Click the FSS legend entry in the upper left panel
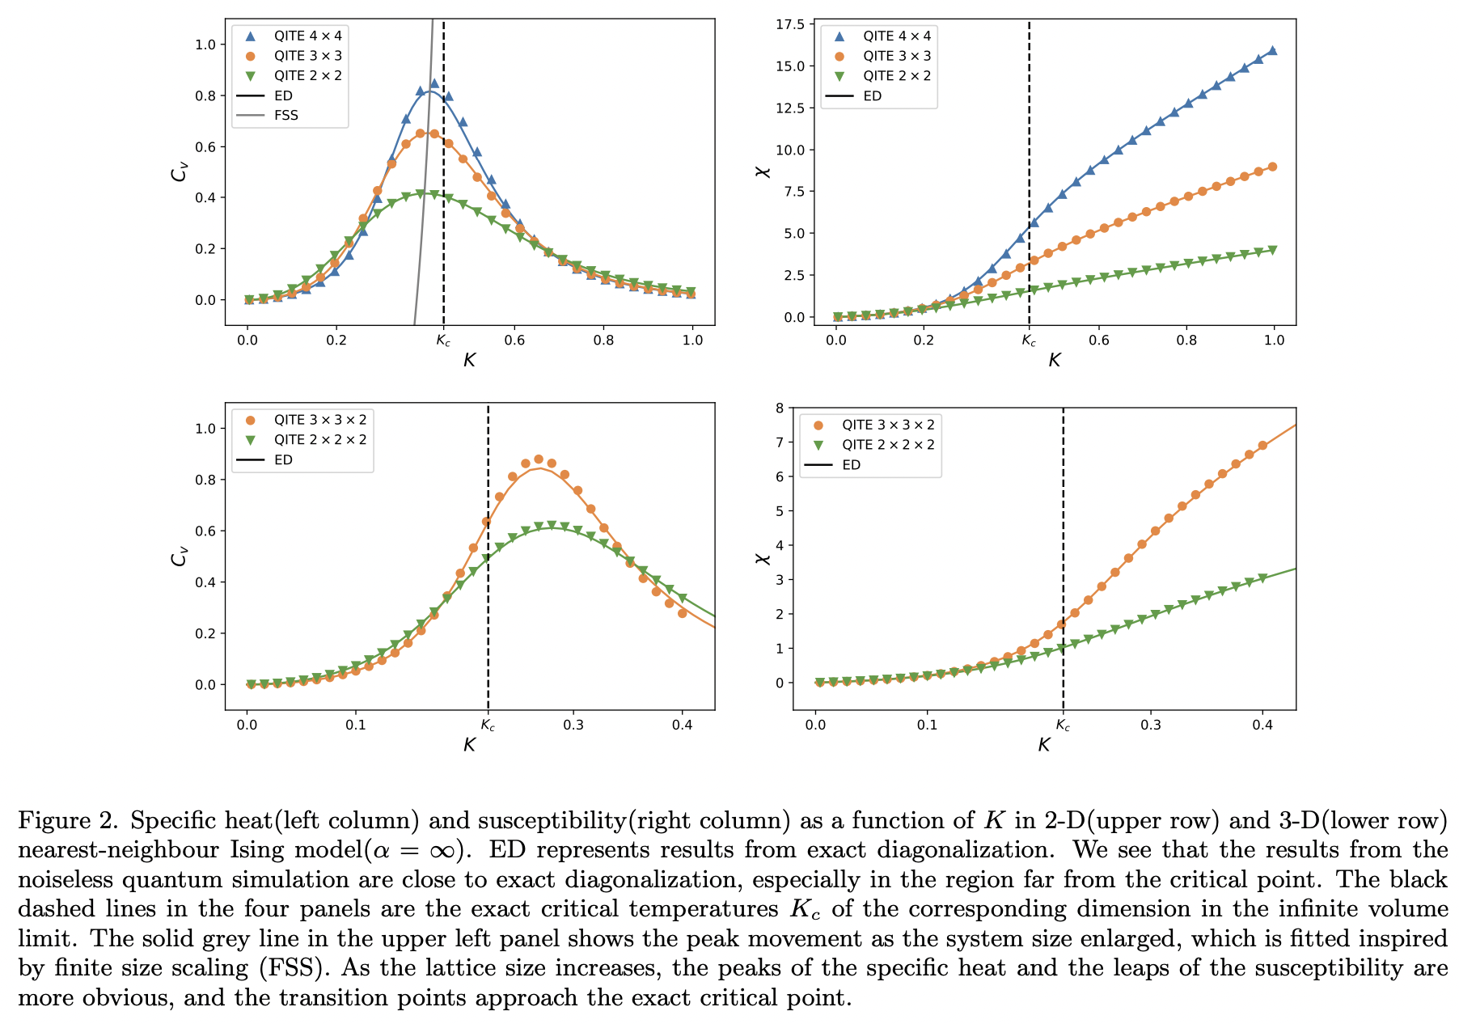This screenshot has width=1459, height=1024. pyautogui.click(x=285, y=116)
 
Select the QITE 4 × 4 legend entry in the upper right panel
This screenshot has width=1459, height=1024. pyautogui.click(x=896, y=36)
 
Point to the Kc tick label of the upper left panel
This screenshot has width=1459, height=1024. pyautogui.click(x=443, y=341)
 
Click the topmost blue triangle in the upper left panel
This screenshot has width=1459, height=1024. pyautogui.click(x=434, y=83)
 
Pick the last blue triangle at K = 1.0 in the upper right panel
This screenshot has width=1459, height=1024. pyautogui.click(x=1272, y=50)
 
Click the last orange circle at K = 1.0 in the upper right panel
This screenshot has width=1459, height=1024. pyautogui.click(x=1272, y=167)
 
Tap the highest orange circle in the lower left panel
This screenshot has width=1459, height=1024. pyautogui.click(x=539, y=459)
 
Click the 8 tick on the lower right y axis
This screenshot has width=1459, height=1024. pyautogui.click(x=780, y=408)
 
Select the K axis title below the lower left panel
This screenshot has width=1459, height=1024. pyautogui.click(x=469, y=745)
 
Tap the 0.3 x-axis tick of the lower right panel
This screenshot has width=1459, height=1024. pyautogui.click(x=1150, y=725)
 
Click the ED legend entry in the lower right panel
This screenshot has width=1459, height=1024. pyautogui.click(x=851, y=465)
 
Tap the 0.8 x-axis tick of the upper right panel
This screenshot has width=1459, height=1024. pyautogui.click(x=1186, y=341)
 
